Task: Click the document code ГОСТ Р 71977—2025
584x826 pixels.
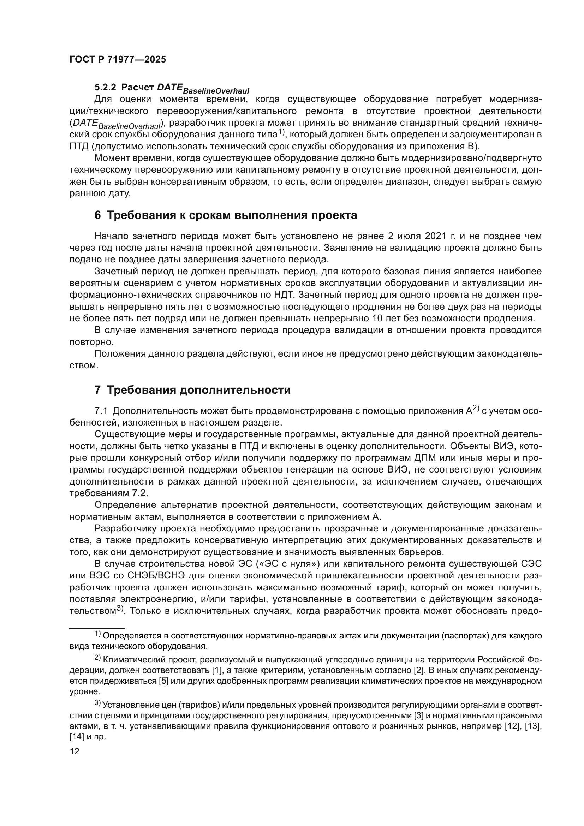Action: (x=118, y=60)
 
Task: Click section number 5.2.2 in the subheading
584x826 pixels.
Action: (x=105, y=88)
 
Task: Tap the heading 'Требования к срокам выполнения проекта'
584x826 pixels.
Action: (x=232, y=215)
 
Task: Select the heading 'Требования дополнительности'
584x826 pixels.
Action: (x=198, y=390)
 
